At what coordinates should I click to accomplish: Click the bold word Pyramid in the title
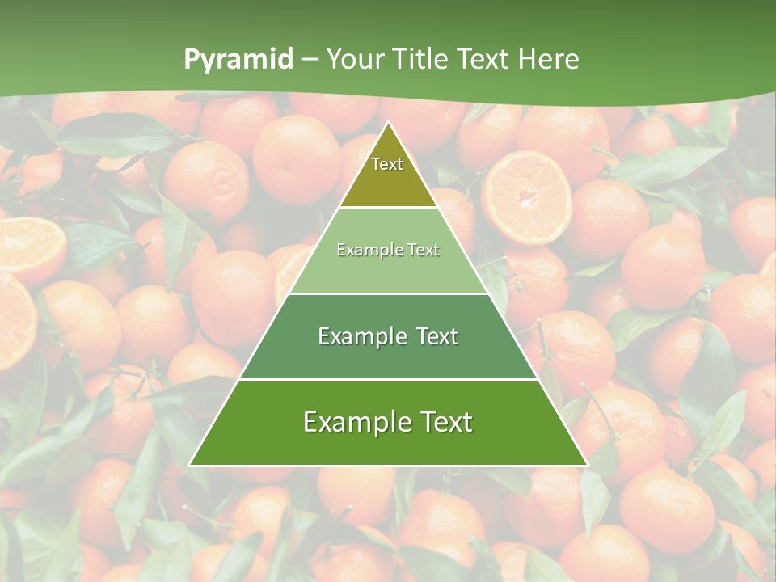pyautogui.click(x=238, y=59)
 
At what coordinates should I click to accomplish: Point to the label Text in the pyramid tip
pyautogui.click(x=387, y=164)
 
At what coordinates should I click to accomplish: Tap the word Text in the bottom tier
pyautogui.click(x=445, y=422)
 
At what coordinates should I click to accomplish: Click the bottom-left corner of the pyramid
pyautogui.click(x=189, y=466)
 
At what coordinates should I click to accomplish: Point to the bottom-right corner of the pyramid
pyautogui.click(x=588, y=466)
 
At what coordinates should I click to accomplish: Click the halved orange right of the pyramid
pyautogui.click(x=526, y=197)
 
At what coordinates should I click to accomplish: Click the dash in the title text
pyautogui.click(x=310, y=59)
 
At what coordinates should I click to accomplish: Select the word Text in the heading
pyautogui.click(x=484, y=59)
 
